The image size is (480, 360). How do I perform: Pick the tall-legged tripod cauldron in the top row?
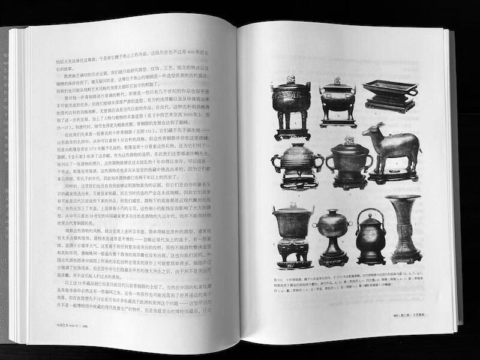(x=292, y=105)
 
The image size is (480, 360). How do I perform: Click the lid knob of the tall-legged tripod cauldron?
(x=291, y=79)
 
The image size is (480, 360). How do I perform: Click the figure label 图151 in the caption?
(x=277, y=280)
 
